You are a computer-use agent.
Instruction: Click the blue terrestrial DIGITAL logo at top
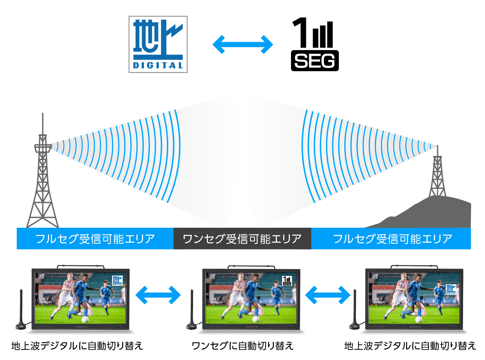(x=158, y=44)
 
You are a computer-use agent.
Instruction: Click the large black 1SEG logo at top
(x=315, y=44)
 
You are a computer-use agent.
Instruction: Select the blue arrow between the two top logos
(x=243, y=44)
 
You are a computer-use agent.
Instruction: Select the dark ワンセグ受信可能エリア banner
(x=242, y=239)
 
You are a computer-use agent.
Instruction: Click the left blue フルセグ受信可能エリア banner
(x=95, y=239)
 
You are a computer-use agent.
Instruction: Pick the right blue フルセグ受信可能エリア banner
(x=391, y=239)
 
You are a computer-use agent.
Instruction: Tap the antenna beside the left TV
(x=21, y=310)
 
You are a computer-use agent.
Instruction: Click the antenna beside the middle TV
(x=192, y=310)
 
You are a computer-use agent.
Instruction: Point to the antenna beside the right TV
(x=355, y=310)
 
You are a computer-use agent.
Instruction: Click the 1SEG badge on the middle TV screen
(x=287, y=281)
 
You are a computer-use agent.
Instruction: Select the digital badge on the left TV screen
(x=117, y=281)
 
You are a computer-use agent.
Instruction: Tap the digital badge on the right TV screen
(x=451, y=289)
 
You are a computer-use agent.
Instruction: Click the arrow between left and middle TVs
(x=158, y=295)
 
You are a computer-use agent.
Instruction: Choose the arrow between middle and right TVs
(x=328, y=295)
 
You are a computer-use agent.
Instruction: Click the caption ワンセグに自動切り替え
(x=242, y=346)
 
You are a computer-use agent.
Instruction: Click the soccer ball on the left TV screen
(x=85, y=320)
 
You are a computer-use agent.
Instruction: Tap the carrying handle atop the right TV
(x=414, y=267)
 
